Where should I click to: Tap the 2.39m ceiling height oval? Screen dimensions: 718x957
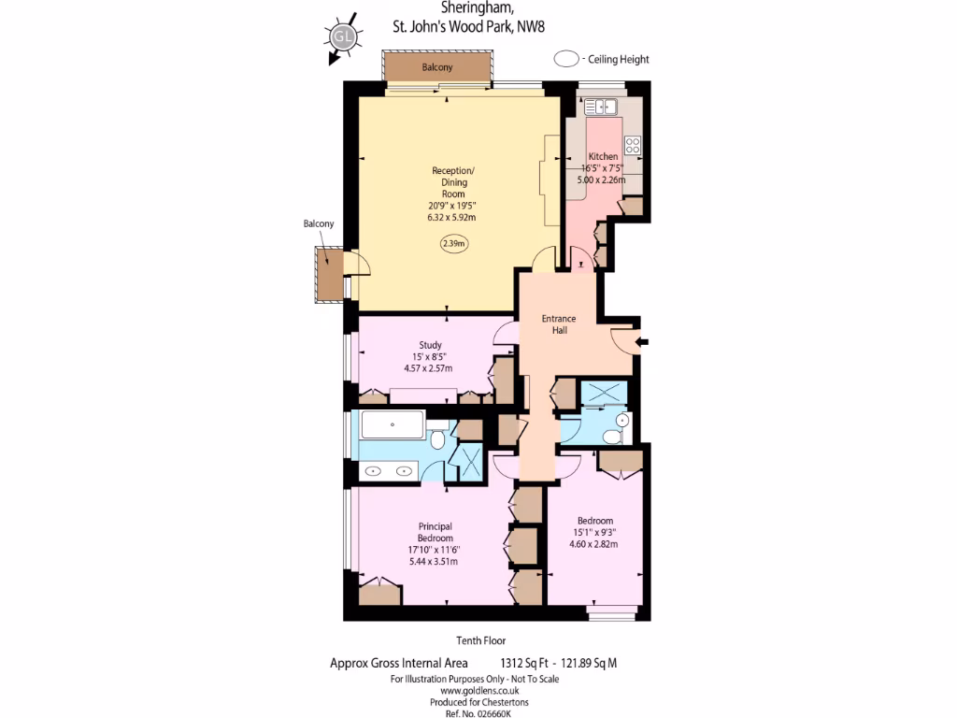[x=453, y=244]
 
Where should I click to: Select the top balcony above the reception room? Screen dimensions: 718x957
[x=437, y=67]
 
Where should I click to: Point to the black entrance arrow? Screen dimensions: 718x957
[x=643, y=343]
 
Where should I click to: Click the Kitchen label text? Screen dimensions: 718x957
[x=603, y=156]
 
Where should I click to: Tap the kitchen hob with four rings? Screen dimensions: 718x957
[x=633, y=145]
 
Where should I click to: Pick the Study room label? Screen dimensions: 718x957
[x=430, y=345]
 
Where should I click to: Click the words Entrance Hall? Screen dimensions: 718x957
[x=559, y=324]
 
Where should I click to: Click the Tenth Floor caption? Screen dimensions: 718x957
[x=481, y=640]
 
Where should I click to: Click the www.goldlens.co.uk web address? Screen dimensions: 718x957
[x=474, y=691]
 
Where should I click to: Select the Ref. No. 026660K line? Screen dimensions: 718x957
[x=474, y=713]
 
